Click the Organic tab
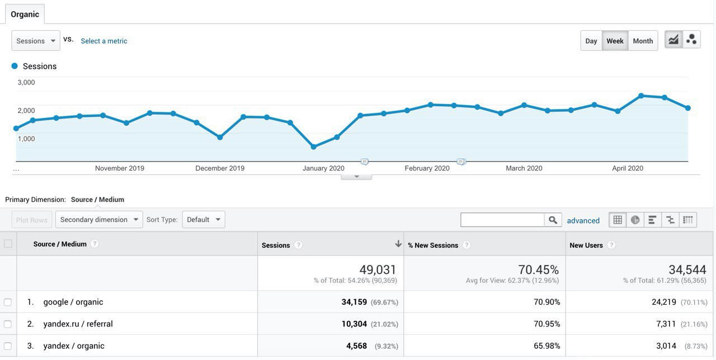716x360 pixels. click(25, 15)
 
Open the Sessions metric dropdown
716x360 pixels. click(36, 41)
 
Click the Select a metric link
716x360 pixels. click(104, 41)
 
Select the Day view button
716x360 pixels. click(591, 41)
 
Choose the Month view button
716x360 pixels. click(643, 41)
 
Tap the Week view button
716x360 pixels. click(615, 41)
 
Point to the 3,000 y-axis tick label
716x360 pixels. click(26, 82)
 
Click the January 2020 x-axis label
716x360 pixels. click(323, 168)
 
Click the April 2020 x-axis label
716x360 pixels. click(628, 168)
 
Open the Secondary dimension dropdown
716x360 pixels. click(99, 220)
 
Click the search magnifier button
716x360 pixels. click(553, 220)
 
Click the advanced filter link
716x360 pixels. click(583, 221)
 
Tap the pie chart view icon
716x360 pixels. click(635, 220)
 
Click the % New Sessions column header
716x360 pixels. click(433, 245)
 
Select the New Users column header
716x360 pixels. click(586, 245)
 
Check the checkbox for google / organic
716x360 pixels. click(8, 302)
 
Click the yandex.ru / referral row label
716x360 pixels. click(78, 324)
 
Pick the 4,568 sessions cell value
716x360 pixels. click(356, 346)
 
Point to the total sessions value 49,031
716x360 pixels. click(378, 270)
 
